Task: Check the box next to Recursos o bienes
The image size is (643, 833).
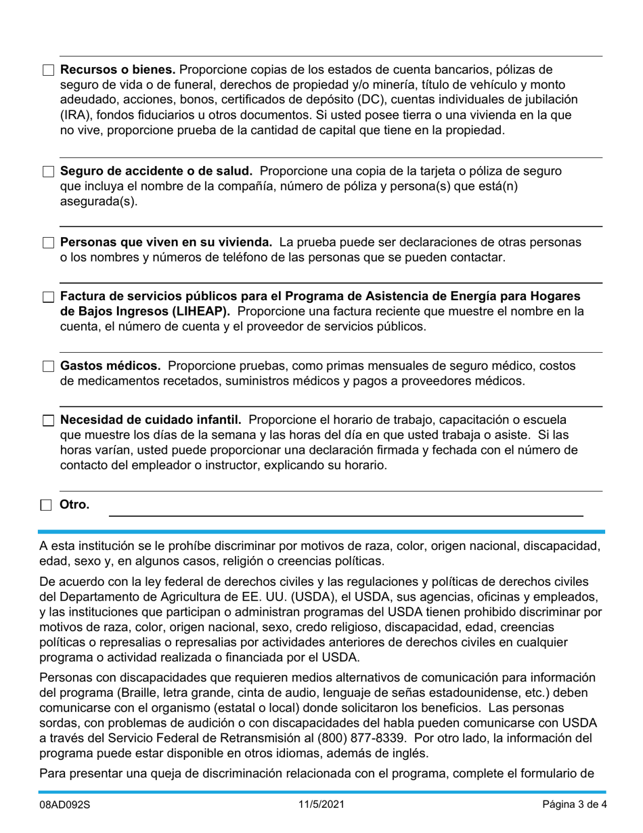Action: pos(48,70)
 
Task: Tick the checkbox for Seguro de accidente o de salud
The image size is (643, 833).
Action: pos(48,172)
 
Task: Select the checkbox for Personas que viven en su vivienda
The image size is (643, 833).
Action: pos(48,243)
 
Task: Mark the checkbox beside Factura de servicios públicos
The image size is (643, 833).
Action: pos(48,297)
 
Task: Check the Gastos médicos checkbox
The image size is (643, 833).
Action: pos(48,366)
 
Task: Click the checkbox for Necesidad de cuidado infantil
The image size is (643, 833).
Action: pos(48,421)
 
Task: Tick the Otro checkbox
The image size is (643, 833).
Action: pos(46,505)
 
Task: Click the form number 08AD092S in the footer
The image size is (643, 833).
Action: pos(64,805)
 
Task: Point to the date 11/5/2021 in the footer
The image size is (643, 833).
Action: pos(321,805)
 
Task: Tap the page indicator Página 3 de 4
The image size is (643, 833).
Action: pos(574,805)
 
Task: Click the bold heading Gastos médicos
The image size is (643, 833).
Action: pos(110,366)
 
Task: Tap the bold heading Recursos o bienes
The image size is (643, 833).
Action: pos(118,70)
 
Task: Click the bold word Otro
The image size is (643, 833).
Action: pos(74,505)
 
